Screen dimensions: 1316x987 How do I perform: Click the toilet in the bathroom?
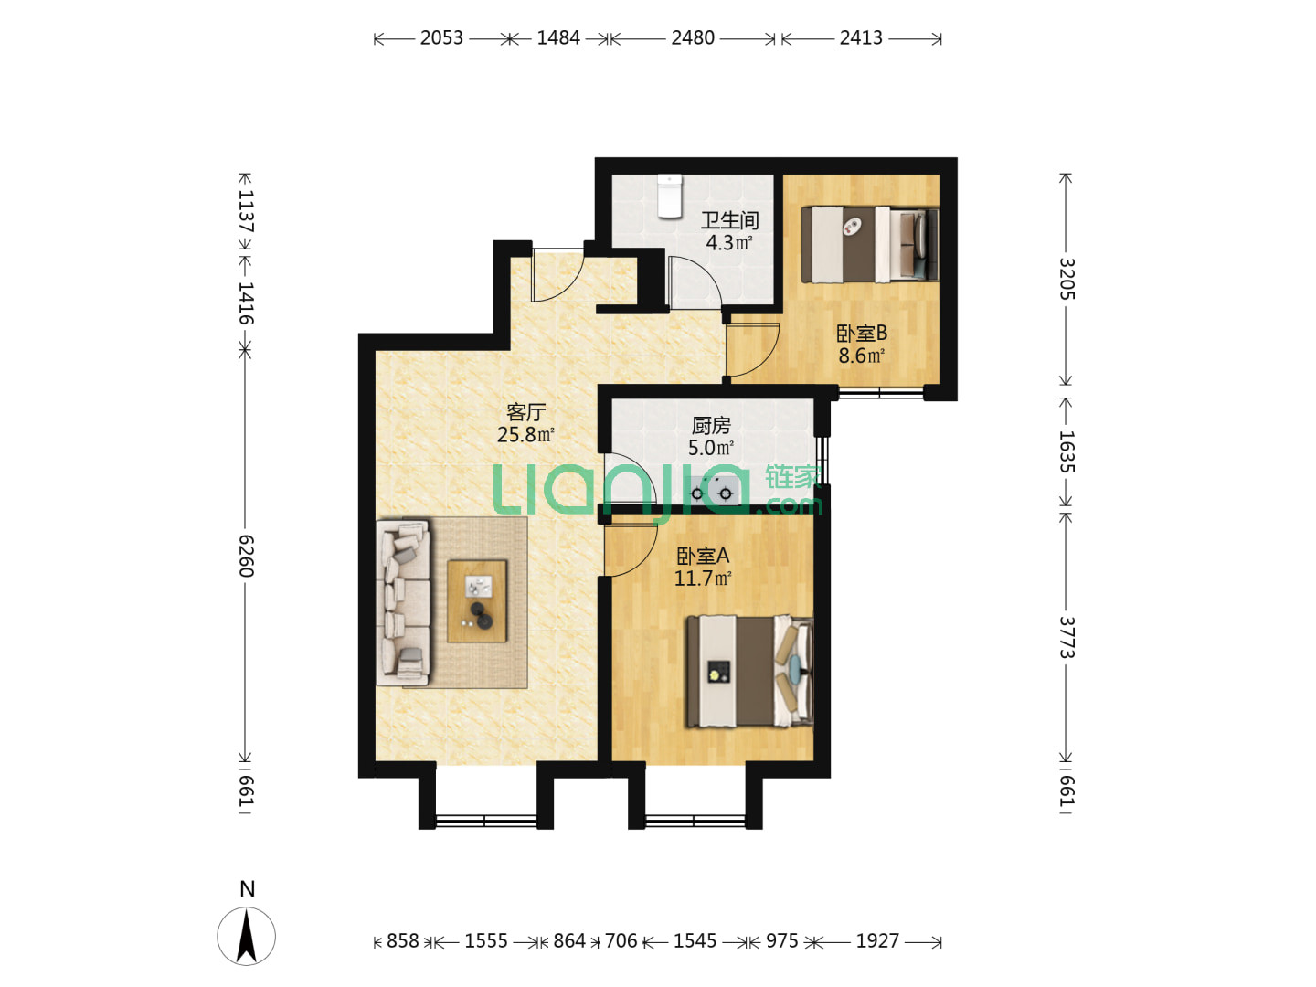(669, 196)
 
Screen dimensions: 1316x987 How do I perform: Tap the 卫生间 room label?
(729, 220)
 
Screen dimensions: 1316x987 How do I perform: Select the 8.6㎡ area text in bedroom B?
(861, 356)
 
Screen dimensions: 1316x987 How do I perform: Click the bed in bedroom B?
(870, 244)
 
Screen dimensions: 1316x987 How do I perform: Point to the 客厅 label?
(525, 411)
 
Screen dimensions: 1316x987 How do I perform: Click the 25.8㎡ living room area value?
(525, 434)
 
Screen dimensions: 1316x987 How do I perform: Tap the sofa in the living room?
(403, 602)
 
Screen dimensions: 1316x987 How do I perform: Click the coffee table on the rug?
(477, 601)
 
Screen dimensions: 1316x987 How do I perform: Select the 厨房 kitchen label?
(710, 426)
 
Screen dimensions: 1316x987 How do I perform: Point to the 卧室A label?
(703, 556)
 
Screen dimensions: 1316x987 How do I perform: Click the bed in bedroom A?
(749, 671)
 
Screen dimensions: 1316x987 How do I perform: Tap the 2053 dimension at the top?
(441, 38)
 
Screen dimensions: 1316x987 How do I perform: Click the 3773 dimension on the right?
(1067, 637)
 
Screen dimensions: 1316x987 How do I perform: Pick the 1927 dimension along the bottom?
(877, 940)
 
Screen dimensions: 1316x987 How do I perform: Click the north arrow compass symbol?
(246, 935)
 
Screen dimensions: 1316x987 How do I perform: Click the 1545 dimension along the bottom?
(695, 940)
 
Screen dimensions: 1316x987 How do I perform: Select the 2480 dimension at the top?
(693, 38)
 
